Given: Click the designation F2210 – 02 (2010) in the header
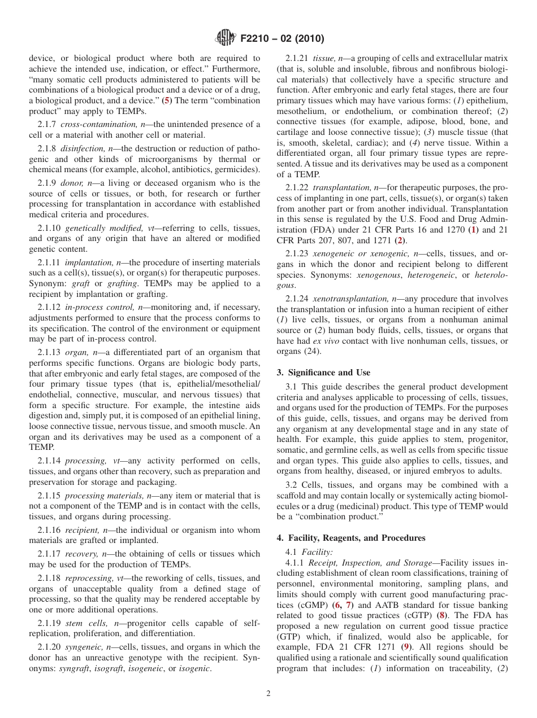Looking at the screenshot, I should (x=282, y=39).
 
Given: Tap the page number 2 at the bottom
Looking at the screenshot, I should (x=268, y=694).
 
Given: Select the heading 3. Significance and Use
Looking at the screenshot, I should (x=323, y=373).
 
